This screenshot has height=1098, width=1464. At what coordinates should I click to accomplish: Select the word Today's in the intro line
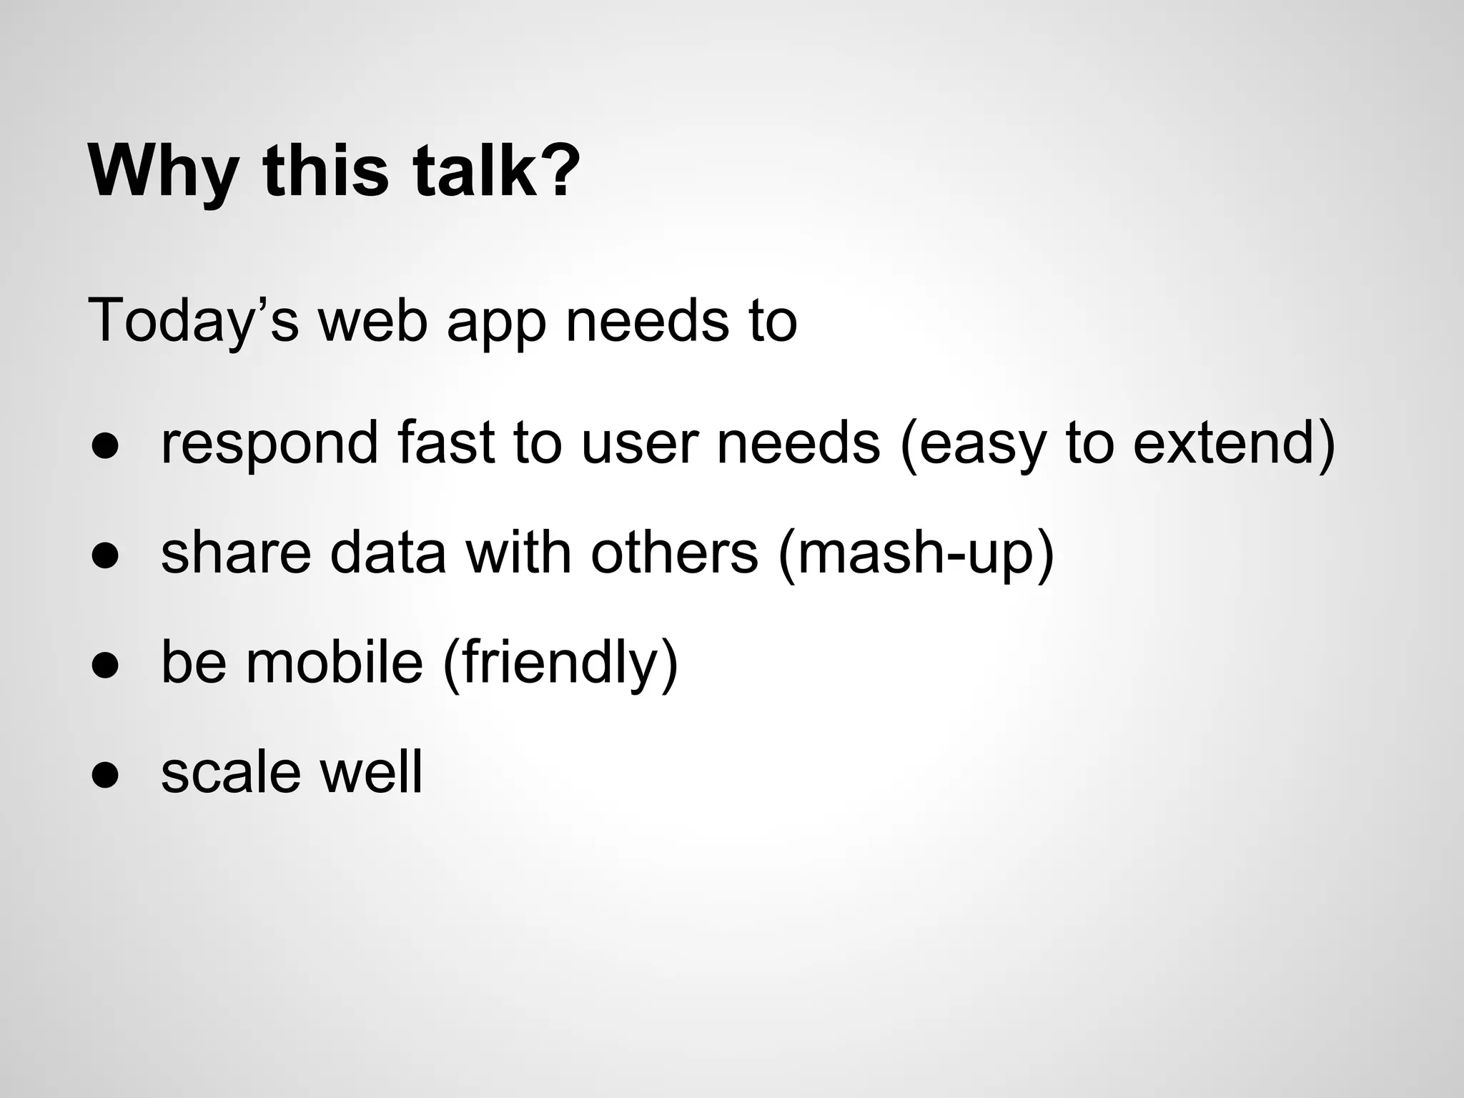tap(193, 322)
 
